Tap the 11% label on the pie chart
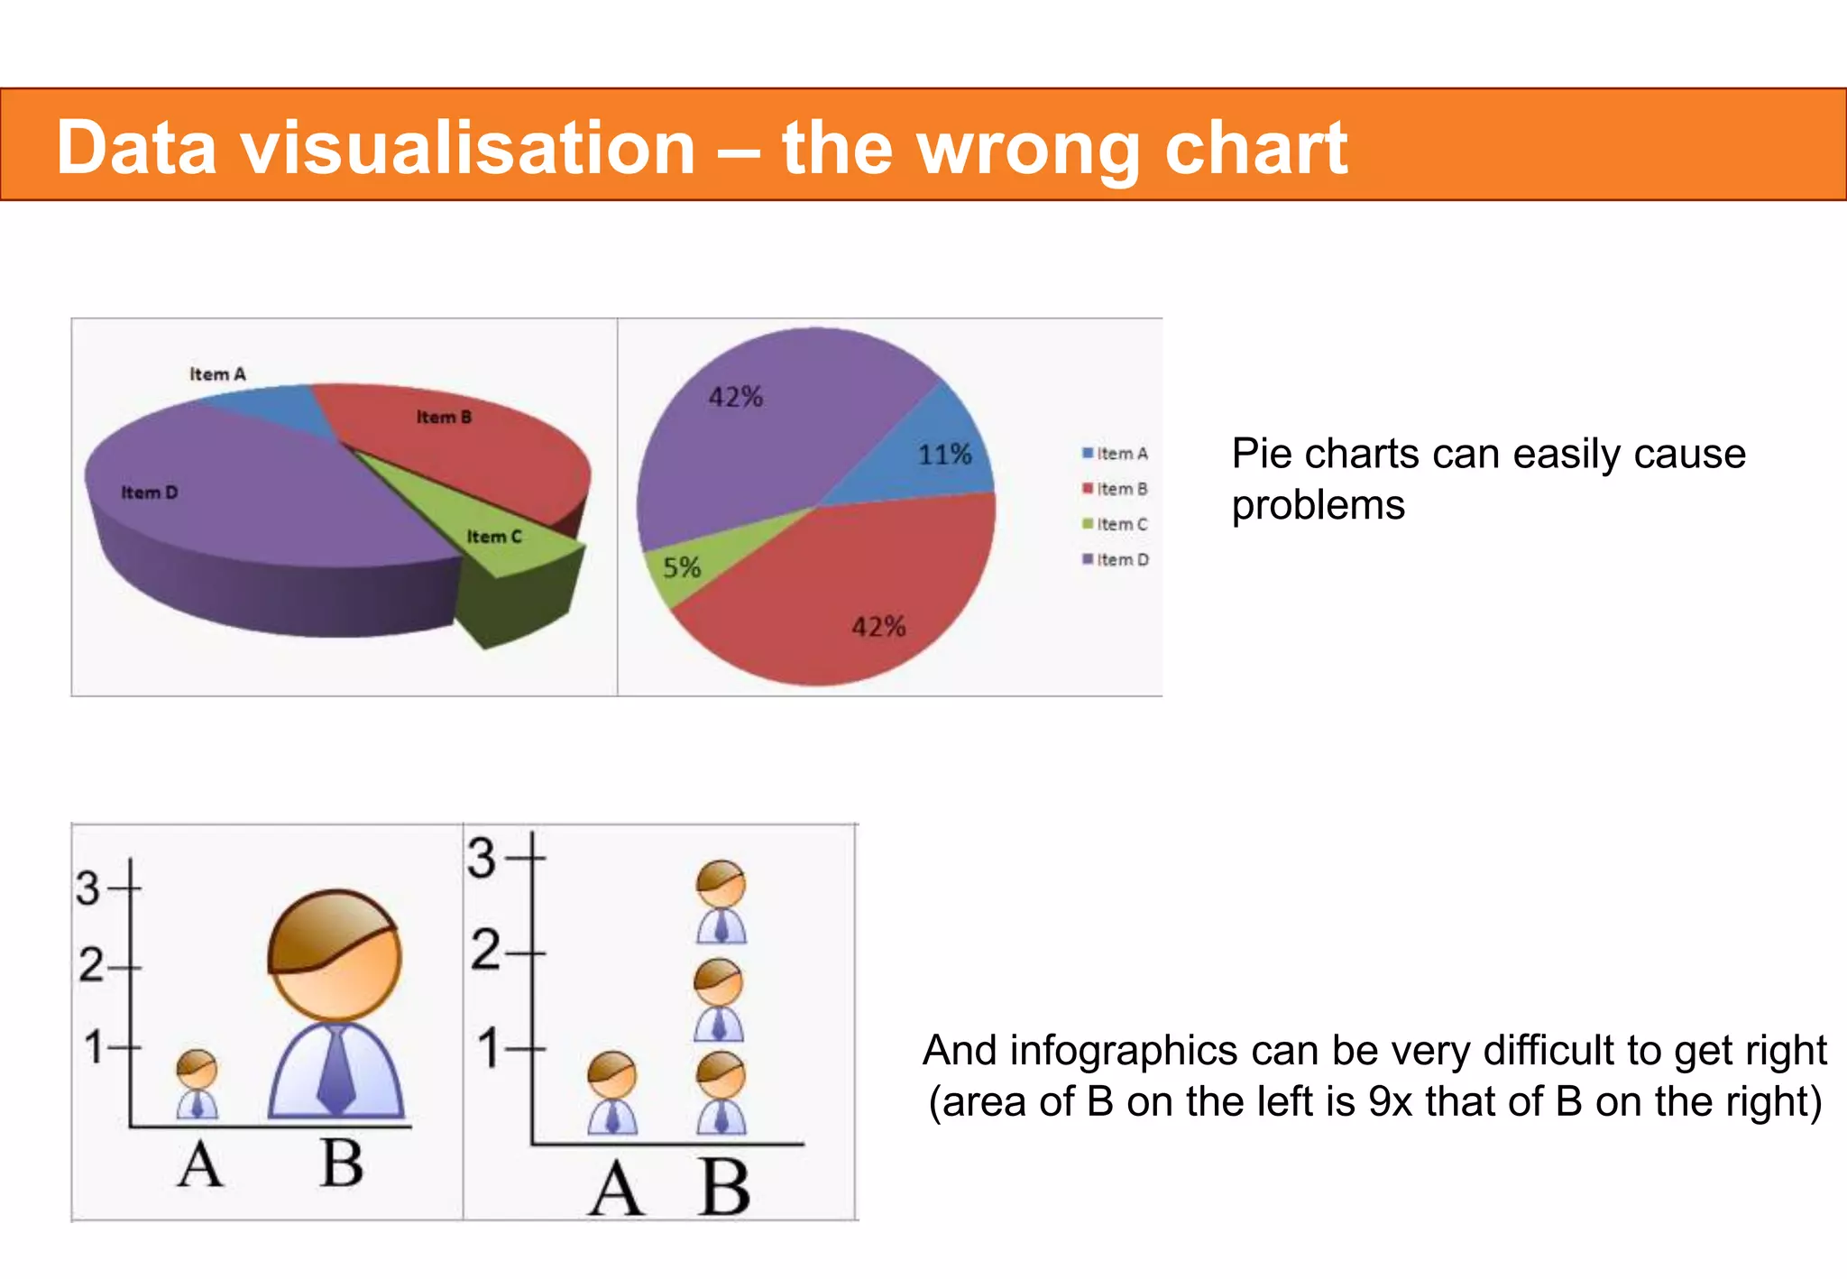(944, 454)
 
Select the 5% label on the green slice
(681, 567)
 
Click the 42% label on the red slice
(878, 627)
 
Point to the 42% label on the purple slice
(735, 397)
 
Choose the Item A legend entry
(1116, 454)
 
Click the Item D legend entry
(1116, 560)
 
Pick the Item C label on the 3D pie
(493, 537)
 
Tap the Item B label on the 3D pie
(444, 417)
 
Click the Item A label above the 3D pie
(217, 374)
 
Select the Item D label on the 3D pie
(150, 492)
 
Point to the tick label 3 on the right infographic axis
(482, 858)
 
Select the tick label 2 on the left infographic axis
(91, 965)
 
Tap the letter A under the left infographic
(199, 1165)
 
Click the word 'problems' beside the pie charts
(1318, 505)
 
